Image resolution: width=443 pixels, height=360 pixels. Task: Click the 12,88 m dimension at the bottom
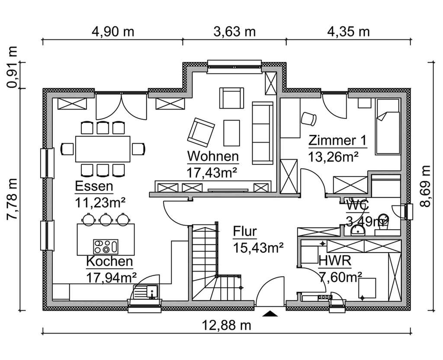[226, 325]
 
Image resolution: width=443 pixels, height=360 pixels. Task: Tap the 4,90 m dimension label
[112, 32]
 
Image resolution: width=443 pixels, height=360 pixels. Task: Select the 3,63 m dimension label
[234, 32]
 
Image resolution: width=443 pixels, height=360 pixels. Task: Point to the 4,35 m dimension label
[348, 32]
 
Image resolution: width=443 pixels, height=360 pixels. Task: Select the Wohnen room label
[212, 156]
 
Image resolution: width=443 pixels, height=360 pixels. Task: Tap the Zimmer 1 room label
[337, 141]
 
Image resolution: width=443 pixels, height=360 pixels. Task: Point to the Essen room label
[94, 186]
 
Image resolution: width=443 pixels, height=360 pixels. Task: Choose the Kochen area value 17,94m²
[112, 276]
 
